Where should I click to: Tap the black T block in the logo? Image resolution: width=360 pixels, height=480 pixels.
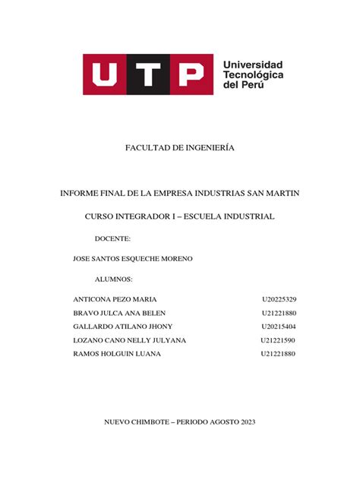148,74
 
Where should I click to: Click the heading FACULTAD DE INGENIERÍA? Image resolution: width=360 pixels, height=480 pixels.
180,147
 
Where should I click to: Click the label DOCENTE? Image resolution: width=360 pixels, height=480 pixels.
112,238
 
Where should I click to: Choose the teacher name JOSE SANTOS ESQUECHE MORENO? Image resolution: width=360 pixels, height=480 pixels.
132,259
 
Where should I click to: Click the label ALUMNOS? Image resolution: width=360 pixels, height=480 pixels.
113,279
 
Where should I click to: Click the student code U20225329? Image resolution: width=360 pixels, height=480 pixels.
278,299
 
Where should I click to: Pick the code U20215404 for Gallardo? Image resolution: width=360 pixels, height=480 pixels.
278,327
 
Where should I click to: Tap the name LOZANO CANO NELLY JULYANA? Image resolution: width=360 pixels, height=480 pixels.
129,340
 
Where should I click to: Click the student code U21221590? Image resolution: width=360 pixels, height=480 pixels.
278,340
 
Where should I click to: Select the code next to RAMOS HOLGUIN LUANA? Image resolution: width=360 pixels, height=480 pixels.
278,354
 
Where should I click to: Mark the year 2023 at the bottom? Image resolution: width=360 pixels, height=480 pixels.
248,422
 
